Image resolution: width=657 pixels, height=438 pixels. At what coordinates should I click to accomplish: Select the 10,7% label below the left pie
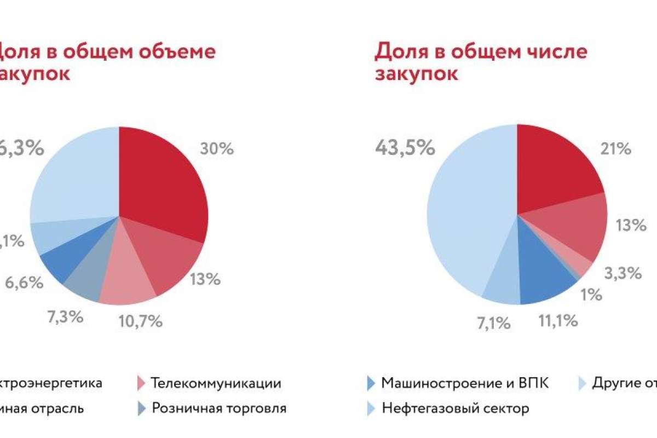(140, 321)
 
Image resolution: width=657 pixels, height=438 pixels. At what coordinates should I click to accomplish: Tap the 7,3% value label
(65, 316)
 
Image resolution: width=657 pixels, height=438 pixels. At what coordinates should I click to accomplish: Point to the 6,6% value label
(25, 283)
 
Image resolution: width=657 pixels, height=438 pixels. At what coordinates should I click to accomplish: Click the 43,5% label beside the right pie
(405, 147)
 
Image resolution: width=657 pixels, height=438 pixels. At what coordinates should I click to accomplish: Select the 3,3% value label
(623, 273)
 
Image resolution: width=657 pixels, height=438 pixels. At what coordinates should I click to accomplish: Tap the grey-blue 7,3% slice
(85, 276)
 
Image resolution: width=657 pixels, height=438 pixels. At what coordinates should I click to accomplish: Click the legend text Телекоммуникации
(216, 383)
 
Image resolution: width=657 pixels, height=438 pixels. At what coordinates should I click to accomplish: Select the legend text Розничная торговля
(219, 408)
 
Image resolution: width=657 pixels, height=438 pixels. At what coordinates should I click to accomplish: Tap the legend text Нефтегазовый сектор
(456, 408)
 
